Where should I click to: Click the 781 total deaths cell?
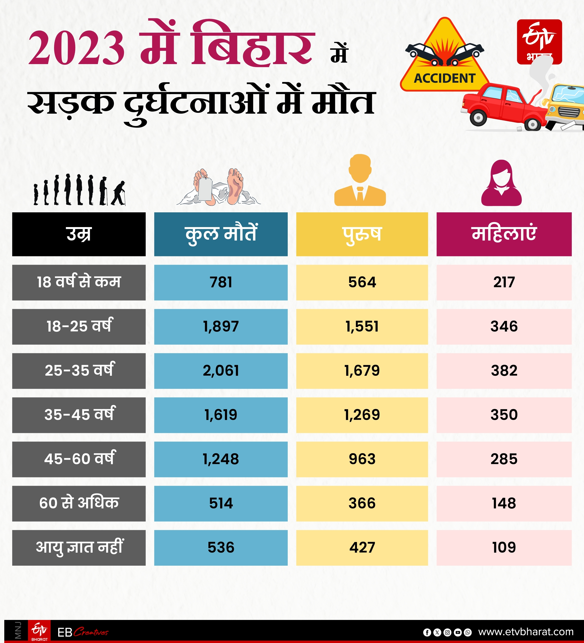pyautogui.click(x=221, y=282)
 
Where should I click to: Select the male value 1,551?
pyautogui.click(x=362, y=326)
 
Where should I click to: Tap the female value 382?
pyautogui.click(x=504, y=371)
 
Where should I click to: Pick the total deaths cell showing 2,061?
pyautogui.click(x=221, y=371)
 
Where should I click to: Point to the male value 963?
pyautogui.click(x=362, y=459)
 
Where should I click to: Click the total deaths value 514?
pyautogui.click(x=221, y=503)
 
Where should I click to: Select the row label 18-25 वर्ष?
pyautogui.click(x=79, y=326)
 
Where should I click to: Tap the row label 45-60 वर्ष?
pyautogui.click(x=79, y=459)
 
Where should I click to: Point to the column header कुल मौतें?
pyautogui.click(x=221, y=234)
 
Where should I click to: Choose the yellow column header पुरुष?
pyautogui.click(x=362, y=234)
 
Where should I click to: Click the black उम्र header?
pyautogui.click(x=79, y=234)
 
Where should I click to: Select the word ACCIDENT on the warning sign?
pyautogui.click(x=445, y=78)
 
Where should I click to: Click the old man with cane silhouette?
pyautogui.click(x=118, y=193)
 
